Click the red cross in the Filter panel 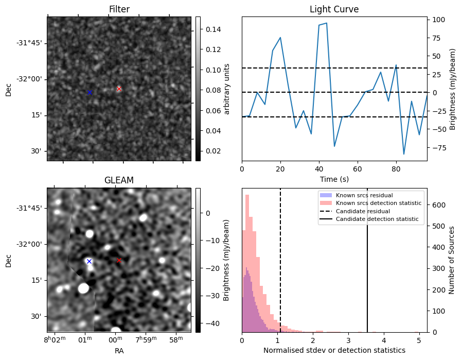coord(119,89)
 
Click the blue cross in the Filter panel coord(90,92)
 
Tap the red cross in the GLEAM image coord(119,261)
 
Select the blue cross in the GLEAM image coord(89,261)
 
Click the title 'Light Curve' coord(334,9)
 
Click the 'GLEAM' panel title coord(119,180)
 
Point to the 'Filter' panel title coord(119,9)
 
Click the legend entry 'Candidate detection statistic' coord(377,219)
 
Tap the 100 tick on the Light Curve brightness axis coord(438,20)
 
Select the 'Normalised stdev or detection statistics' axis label coord(334,350)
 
